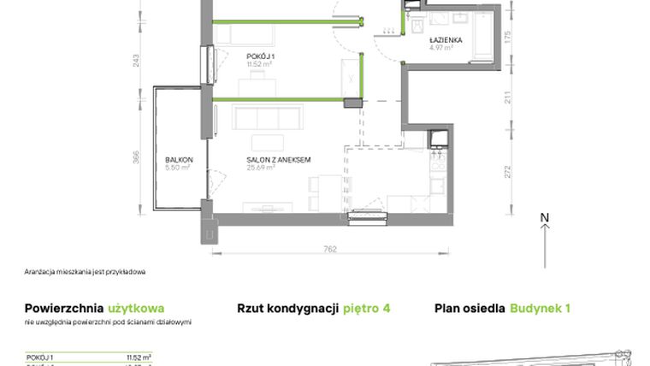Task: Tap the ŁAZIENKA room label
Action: [446, 40]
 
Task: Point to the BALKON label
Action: [179, 160]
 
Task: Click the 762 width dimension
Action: [330, 250]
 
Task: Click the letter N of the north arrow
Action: [544, 219]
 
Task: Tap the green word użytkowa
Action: [137, 308]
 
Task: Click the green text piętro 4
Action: [366, 308]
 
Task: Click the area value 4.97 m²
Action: [441, 49]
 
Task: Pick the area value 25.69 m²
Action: [260, 168]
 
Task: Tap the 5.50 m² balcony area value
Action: [178, 168]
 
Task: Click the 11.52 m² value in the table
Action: [139, 357]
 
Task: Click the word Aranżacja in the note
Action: [41, 272]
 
